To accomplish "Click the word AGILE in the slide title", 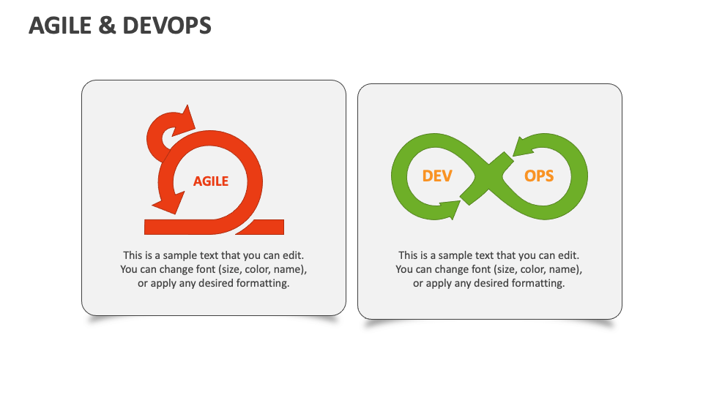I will click(56, 26).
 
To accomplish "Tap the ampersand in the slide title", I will click(106, 26).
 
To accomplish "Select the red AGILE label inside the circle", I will click(211, 181).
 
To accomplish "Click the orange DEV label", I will click(437, 176).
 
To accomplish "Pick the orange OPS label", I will click(539, 176).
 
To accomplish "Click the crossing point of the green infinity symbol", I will click(488, 176).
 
